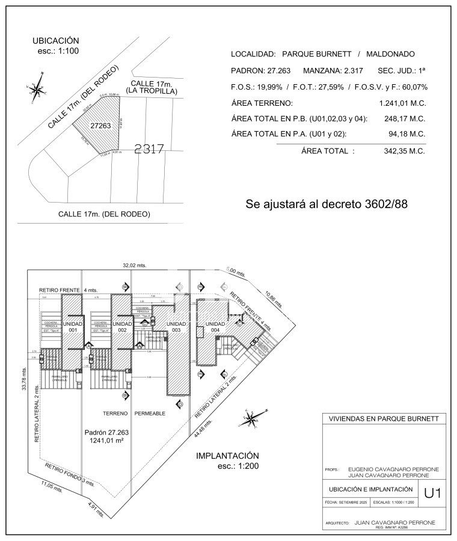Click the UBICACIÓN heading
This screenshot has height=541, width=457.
pos(56,40)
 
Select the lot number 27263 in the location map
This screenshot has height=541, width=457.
pos(100,126)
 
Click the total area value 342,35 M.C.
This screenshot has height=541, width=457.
pos(404,151)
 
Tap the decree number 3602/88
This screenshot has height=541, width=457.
pos(386,204)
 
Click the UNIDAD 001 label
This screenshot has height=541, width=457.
pos(73,327)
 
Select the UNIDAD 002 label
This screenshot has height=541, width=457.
pos(122,327)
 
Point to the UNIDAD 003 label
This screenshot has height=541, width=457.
pos(176,327)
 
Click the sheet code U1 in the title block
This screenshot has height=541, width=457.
pos(432,494)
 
